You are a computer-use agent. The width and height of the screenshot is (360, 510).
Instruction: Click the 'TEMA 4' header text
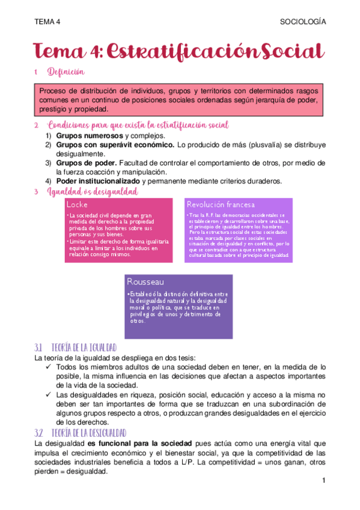(x=47, y=22)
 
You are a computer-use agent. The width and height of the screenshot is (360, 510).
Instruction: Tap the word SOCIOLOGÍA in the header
(x=303, y=22)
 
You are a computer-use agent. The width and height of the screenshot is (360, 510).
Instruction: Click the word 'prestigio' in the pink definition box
(x=54, y=109)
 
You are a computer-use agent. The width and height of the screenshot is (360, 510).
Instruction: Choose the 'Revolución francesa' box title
(x=221, y=204)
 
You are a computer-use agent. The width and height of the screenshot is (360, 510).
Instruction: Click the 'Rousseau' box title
(x=146, y=281)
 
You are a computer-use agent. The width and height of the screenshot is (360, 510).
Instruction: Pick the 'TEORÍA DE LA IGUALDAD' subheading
(x=84, y=348)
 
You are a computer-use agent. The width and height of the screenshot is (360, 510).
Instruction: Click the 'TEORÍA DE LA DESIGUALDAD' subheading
(x=89, y=433)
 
